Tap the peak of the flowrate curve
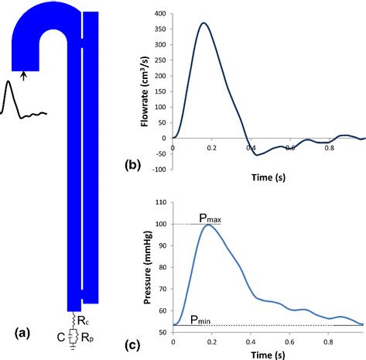(203, 23)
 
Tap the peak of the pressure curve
(207, 225)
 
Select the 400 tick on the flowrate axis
(160, 14)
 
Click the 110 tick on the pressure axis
(162, 201)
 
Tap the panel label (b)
(135, 164)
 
